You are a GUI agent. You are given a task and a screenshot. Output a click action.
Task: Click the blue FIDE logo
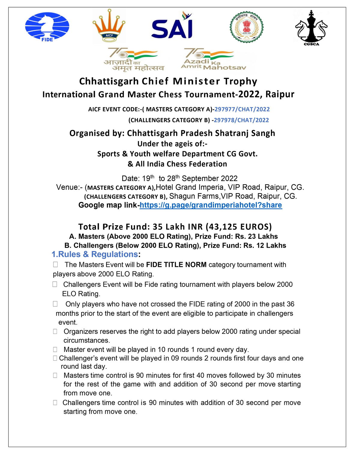47,27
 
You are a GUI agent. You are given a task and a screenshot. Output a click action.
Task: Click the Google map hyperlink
211,205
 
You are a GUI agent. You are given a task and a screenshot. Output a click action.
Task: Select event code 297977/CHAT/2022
242,109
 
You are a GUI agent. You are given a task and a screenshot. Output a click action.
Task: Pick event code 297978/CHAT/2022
241,120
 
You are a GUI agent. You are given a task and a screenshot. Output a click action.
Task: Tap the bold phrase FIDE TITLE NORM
176,265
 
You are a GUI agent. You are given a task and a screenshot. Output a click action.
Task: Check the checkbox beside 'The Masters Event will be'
55,265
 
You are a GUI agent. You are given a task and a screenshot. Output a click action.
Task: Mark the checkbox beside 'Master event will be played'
55,349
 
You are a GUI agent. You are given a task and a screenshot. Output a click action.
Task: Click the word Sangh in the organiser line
262,133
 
